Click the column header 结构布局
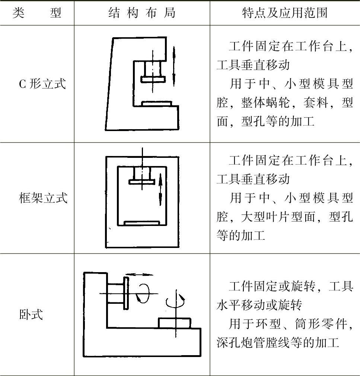[x=142, y=13]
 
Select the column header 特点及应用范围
[x=285, y=13]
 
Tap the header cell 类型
[x=37, y=13]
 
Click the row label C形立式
[x=42, y=84]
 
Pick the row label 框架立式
[x=43, y=198]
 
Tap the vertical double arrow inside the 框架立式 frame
[x=160, y=189]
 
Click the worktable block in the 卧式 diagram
[x=175, y=323]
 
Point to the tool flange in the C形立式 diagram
[x=153, y=79]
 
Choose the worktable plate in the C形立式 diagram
[x=157, y=103]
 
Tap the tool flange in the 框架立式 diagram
[x=142, y=182]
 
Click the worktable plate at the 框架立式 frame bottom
[x=142, y=223]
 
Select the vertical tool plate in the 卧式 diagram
[x=127, y=293]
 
